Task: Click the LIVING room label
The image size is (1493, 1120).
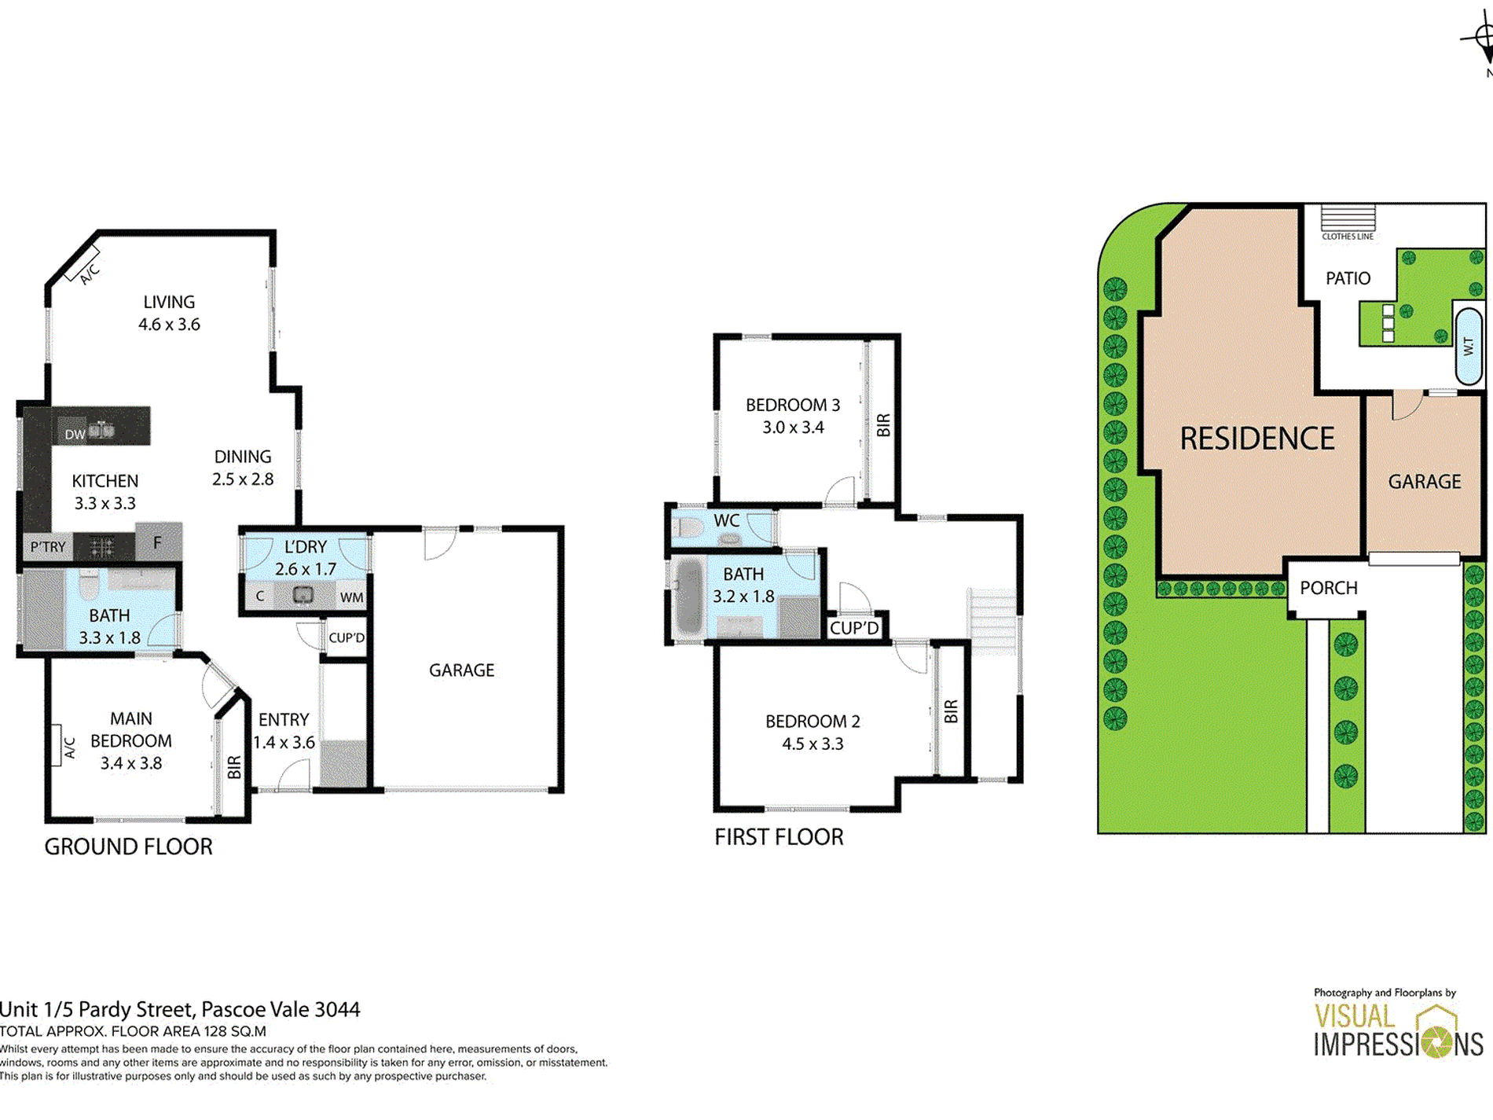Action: (169, 302)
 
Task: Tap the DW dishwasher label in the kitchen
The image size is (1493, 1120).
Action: (75, 435)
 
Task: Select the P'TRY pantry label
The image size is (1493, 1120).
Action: (48, 546)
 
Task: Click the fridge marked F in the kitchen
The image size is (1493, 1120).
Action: (158, 542)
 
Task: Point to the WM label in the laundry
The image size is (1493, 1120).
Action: (352, 597)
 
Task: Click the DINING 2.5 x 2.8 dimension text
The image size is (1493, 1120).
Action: (243, 479)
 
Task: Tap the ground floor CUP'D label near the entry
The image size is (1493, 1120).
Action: (347, 637)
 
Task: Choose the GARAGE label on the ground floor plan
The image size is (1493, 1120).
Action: (461, 670)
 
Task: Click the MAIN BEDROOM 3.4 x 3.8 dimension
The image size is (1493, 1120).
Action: (131, 763)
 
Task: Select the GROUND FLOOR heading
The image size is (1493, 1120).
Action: (128, 846)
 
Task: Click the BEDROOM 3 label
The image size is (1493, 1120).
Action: (793, 405)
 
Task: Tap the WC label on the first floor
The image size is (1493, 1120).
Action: (727, 520)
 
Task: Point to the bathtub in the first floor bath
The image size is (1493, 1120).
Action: (689, 597)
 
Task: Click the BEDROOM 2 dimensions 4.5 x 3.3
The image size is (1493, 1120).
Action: (813, 744)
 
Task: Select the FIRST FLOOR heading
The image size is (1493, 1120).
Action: (779, 837)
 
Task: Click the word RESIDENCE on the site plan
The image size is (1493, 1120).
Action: (1257, 439)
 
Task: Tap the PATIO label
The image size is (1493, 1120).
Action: (1348, 278)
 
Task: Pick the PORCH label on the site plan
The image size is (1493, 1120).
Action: (1329, 588)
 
